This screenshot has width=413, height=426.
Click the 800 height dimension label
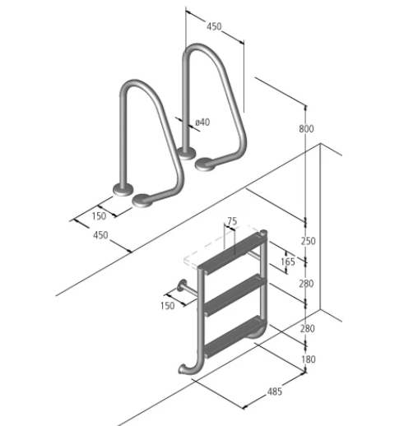306,128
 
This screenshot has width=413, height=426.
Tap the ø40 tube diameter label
202,123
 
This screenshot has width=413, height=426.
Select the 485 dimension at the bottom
274,391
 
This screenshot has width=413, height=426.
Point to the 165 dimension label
288,262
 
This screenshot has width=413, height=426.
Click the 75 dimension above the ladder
232,221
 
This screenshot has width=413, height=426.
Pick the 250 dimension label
309,241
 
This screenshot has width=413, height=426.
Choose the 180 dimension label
309,359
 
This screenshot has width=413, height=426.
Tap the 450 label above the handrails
214,26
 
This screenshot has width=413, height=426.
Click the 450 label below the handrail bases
100,235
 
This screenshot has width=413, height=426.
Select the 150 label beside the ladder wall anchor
167,306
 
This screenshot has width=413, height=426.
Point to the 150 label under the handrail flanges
99,216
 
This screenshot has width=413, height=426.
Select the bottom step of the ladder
235,337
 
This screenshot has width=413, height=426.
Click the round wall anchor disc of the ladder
182,286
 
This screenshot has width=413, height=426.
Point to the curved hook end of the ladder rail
189,368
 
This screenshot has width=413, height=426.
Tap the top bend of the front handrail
134,83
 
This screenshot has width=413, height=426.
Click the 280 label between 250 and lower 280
306,284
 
